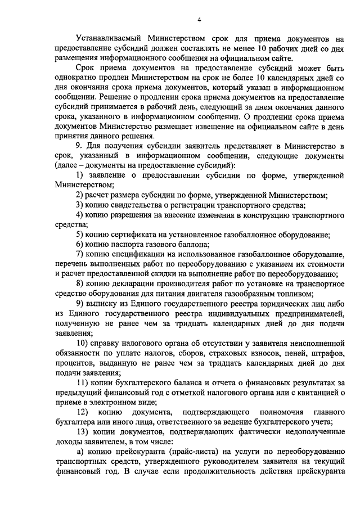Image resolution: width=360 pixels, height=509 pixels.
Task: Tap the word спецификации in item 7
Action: click(141, 254)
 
